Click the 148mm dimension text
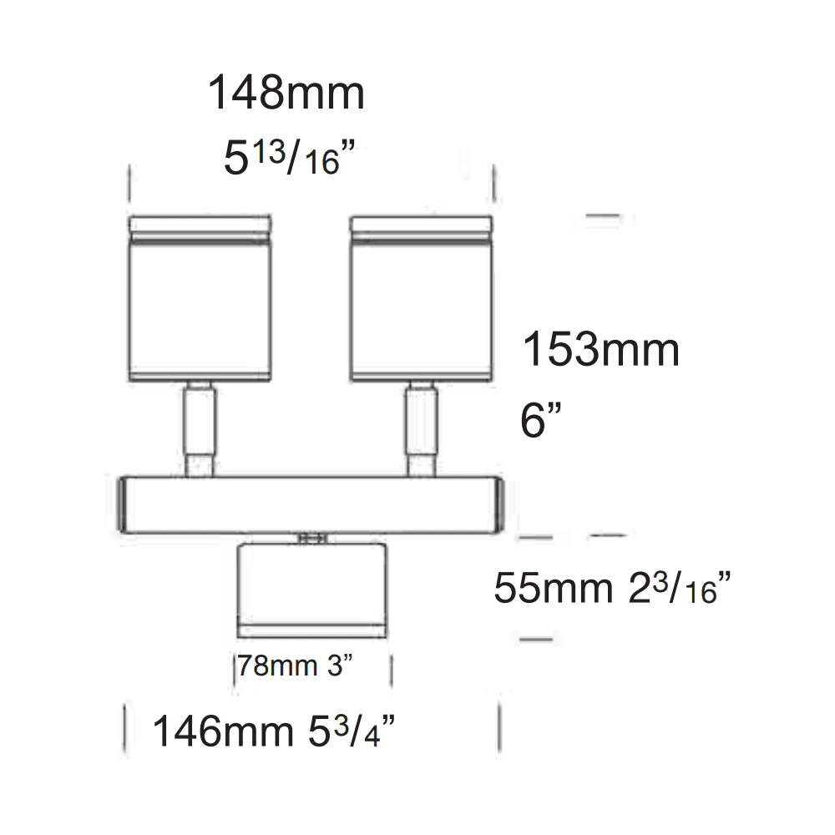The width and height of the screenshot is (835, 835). coord(286,93)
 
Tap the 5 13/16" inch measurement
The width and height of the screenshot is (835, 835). coord(284,156)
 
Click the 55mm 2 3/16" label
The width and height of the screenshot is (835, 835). coord(613,589)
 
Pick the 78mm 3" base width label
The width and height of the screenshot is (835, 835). coord(295,666)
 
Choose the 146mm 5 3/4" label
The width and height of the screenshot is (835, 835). coord(273,732)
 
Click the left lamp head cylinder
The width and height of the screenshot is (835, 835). coord(200,309)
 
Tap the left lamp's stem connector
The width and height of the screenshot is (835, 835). coord(200,428)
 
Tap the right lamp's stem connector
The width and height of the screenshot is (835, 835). coord(420,428)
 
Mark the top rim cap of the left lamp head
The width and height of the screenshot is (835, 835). coord(200,225)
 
